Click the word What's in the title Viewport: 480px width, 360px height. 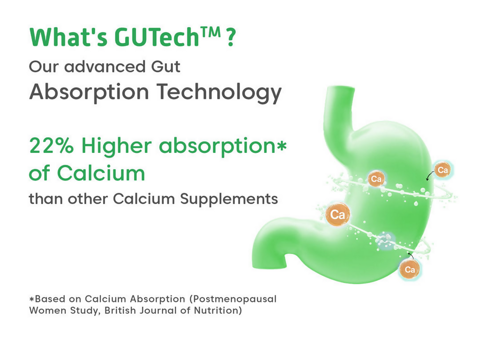(x=68, y=37)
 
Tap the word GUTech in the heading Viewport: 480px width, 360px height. (x=157, y=37)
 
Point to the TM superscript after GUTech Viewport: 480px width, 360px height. (x=210, y=32)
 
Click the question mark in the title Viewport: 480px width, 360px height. (x=232, y=37)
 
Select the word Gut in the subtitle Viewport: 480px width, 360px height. (x=165, y=67)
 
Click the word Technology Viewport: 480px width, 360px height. (x=219, y=92)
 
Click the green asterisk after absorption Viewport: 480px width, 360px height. (x=281, y=145)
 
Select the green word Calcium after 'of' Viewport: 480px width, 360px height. (x=101, y=173)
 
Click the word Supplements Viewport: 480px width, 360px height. (x=229, y=199)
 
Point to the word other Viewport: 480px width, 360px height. (x=88, y=199)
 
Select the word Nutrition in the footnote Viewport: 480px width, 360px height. (x=218, y=310)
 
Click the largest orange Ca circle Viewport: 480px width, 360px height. (x=337, y=214)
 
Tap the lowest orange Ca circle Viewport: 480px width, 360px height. (x=410, y=270)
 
